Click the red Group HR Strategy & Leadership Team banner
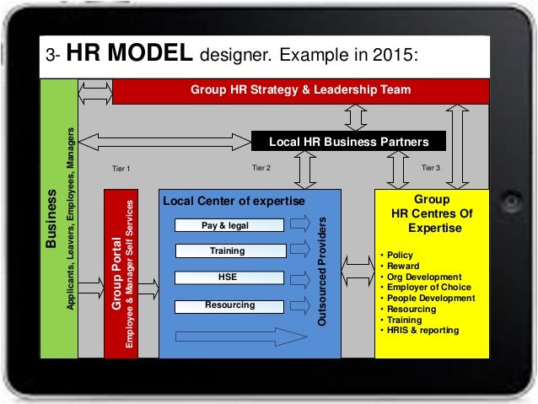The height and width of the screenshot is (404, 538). point(300,89)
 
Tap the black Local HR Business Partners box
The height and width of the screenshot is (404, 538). point(348,141)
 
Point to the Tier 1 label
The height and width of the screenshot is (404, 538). point(121,170)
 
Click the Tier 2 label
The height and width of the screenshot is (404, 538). point(262,169)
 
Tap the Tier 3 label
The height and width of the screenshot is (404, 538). point(430,169)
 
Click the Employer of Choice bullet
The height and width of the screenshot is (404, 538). point(427,288)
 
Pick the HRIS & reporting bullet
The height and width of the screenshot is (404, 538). point(422,331)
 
